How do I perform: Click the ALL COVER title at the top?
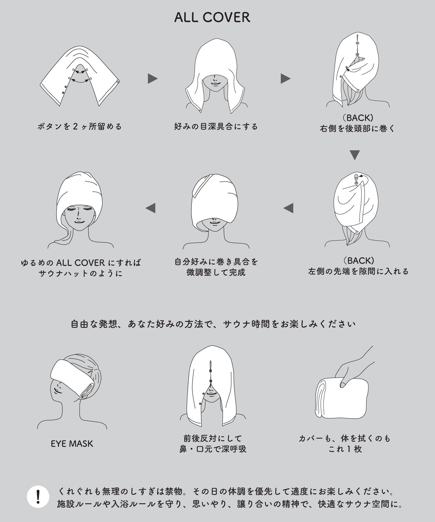(212, 17)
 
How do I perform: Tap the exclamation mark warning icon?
(38, 497)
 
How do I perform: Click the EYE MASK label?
(72, 444)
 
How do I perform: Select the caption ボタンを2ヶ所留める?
(79, 126)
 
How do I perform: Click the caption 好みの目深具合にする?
(216, 126)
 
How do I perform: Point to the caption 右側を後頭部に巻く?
(357, 128)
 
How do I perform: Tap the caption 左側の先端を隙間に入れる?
(358, 271)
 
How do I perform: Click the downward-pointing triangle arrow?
(355, 155)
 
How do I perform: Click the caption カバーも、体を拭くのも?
(345, 438)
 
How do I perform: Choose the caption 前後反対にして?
(213, 438)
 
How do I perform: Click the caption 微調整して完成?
(216, 272)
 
